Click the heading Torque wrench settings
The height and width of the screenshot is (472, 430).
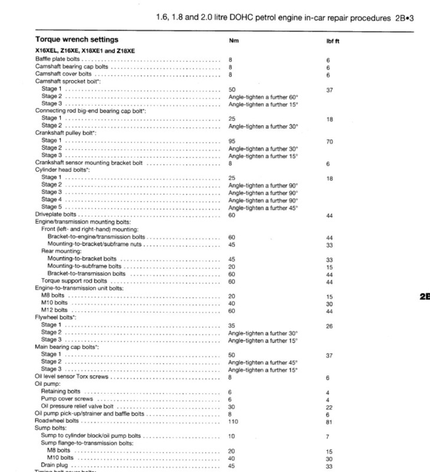[77, 40]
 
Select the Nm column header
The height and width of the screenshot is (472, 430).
[233, 41]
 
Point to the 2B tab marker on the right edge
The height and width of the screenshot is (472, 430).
[424, 297]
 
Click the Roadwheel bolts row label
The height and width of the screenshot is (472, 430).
[57, 421]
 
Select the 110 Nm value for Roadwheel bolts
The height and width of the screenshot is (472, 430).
[234, 421]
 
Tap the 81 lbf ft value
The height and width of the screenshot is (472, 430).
[329, 421]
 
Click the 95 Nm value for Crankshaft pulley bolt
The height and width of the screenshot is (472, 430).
[232, 141]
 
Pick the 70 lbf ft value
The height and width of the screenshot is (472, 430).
[329, 141]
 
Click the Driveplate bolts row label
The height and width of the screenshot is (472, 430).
[56, 215]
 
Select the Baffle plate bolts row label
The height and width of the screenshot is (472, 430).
[58, 60]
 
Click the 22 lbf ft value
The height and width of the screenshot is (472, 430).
[329, 407]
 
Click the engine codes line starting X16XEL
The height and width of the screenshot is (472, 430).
[86, 52]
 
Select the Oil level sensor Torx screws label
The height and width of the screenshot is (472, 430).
[73, 377]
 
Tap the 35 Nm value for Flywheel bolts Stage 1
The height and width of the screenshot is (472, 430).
[232, 325]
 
